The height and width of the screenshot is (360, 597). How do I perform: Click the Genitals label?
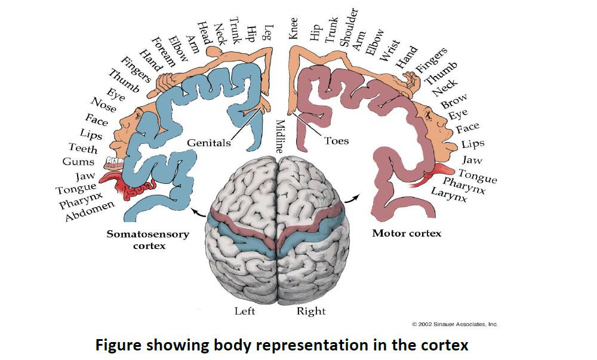pos(208,143)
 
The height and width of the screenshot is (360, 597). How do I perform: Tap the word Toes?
pos(336,141)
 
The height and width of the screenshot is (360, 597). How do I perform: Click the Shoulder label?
pos(349,27)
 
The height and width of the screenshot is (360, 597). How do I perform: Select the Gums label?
pos(78,162)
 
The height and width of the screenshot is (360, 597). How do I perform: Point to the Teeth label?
pos(82,148)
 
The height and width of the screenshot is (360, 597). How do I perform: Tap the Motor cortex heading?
pos(407,233)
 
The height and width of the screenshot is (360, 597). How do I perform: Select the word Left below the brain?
pos(245,311)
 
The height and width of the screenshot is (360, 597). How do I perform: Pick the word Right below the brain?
pos(311,311)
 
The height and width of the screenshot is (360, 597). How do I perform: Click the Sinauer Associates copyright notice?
pos(455,324)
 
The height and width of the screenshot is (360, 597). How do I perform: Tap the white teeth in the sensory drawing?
pos(112,162)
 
